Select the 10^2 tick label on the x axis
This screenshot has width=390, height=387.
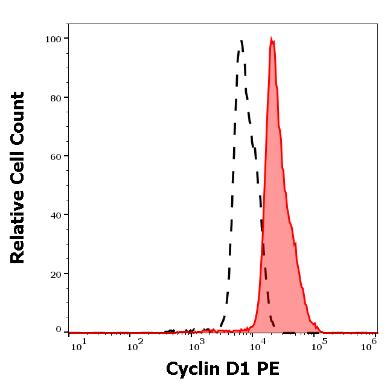click(x=136, y=344)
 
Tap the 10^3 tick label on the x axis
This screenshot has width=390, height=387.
click(x=197, y=344)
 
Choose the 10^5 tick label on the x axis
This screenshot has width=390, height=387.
click(x=318, y=344)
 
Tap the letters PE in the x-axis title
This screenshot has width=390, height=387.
click(x=269, y=368)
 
